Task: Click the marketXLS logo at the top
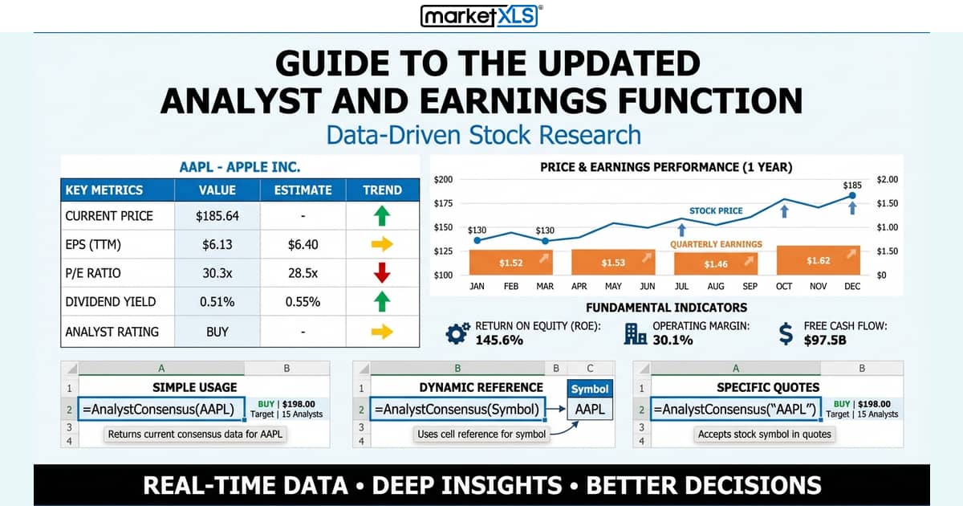coord(481,16)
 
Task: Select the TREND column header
coord(382,190)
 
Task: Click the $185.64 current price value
coord(217,216)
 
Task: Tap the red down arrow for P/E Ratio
coord(382,273)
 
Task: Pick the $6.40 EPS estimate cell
coord(303,244)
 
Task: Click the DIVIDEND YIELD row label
coord(111,302)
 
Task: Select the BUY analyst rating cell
coord(217,331)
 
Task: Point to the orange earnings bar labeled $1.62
coord(819,261)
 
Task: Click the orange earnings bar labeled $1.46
coord(716,263)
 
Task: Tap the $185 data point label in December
coord(852,185)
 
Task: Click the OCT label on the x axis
coord(784,286)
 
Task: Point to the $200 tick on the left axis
coord(443,179)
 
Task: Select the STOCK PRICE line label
coord(716,211)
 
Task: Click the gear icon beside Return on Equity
coord(457,333)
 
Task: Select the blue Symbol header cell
coord(590,389)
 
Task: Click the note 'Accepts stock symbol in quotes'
coord(764,435)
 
